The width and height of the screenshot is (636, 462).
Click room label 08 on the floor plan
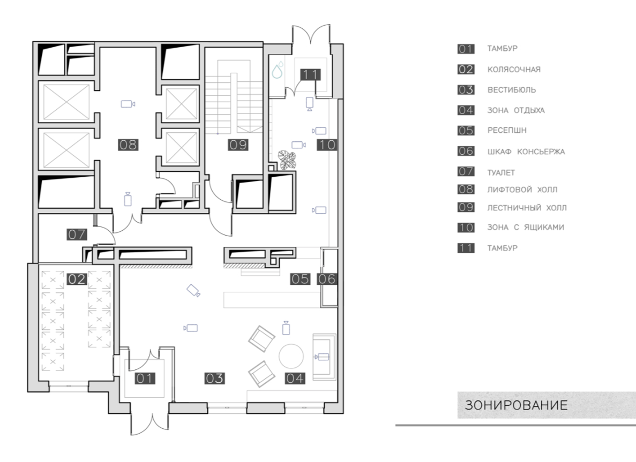pyautogui.click(x=128, y=145)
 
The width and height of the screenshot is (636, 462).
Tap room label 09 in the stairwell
pyautogui.click(x=238, y=145)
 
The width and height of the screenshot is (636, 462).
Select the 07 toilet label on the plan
pyautogui.click(x=77, y=234)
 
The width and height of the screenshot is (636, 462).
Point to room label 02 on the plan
pyautogui.click(x=77, y=279)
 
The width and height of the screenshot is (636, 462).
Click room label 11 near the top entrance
pyautogui.click(x=310, y=74)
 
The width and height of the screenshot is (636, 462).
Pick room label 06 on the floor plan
pyautogui.click(x=327, y=279)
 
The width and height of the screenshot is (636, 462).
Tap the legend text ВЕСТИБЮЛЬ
pyautogui.click(x=512, y=90)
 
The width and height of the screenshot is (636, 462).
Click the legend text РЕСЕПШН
pyautogui.click(x=507, y=131)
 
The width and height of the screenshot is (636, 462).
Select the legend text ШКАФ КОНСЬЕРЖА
pyautogui.click(x=526, y=152)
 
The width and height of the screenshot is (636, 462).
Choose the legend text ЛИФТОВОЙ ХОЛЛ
pyautogui.click(x=522, y=190)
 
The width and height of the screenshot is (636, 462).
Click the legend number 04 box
pyautogui.click(x=466, y=110)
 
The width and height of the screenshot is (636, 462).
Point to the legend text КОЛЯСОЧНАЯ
pyautogui.click(x=514, y=70)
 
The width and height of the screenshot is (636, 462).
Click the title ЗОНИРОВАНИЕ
pyautogui.click(x=516, y=405)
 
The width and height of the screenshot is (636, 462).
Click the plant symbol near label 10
pyautogui.click(x=287, y=160)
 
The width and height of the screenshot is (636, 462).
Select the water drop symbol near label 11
pyautogui.click(x=277, y=71)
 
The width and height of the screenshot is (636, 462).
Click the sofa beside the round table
pyautogui.click(x=324, y=357)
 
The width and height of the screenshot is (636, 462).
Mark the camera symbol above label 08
pyautogui.click(x=128, y=104)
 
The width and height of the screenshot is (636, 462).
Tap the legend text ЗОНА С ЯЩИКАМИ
pyautogui.click(x=526, y=228)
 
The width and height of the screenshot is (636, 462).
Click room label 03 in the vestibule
pyautogui.click(x=214, y=378)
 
